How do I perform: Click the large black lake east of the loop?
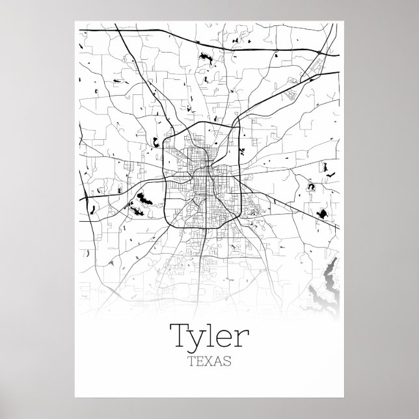[320, 213]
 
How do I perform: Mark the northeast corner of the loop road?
[232, 128]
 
